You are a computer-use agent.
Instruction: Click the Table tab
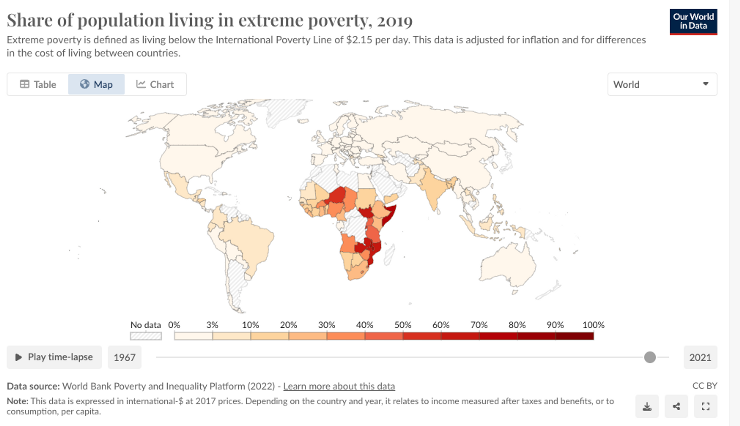(x=38, y=84)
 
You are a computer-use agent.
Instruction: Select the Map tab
(x=96, y=84)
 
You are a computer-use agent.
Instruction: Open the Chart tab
(x=155, y=84)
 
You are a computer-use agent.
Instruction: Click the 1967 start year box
(x=124, y=357)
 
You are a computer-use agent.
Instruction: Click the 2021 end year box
(x=700, y=357)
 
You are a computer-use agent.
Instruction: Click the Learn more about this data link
(x=339, y=386)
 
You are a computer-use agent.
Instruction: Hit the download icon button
(x=647, y=406)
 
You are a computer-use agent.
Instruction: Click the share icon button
(x=676, y=406)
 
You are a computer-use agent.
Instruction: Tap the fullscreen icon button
(x=706, y=406)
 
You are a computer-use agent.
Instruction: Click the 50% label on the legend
(x=403, y=325)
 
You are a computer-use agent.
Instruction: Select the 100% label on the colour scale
(x=593, y=325)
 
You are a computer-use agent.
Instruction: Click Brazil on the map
(x=249, y=240)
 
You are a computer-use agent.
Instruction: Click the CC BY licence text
(x=705, y=386)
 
